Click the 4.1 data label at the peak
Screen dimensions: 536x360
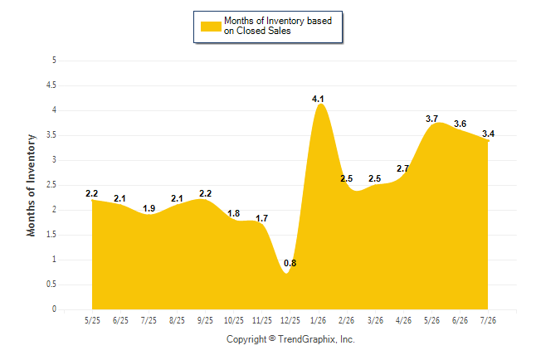click(x=318, y=100)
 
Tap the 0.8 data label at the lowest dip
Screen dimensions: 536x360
click(x=290, y=263)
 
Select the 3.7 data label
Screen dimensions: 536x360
click(x=431, y=119)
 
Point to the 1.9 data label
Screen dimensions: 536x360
click(x=149, y=208)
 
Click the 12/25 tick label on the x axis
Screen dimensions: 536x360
click(x=290, y=320)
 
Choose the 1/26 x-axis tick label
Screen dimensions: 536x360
click(x=319, y=320)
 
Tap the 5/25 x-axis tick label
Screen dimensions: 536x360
click(x=92, y=320)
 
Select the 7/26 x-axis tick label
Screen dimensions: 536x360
click(x=488, y=320)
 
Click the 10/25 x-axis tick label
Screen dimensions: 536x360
click(x=234, y=320)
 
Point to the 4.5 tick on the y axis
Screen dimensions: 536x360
click(x=51, y=85)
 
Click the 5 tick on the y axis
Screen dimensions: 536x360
click(x=54, y=61)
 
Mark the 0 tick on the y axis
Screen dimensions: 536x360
click(x=54, y=309)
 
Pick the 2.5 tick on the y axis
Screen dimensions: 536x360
click(x=51, y=185)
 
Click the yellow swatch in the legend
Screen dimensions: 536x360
click(x=211, y=27)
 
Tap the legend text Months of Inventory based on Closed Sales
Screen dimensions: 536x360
click(x=278, y=26)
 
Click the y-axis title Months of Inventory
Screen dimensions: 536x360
click(x=31, y=185)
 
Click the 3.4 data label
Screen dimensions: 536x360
click(x=488, y=134)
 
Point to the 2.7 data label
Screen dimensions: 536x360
click(x=402, y=168)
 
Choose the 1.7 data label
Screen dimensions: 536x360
click(x=262, y=218)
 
